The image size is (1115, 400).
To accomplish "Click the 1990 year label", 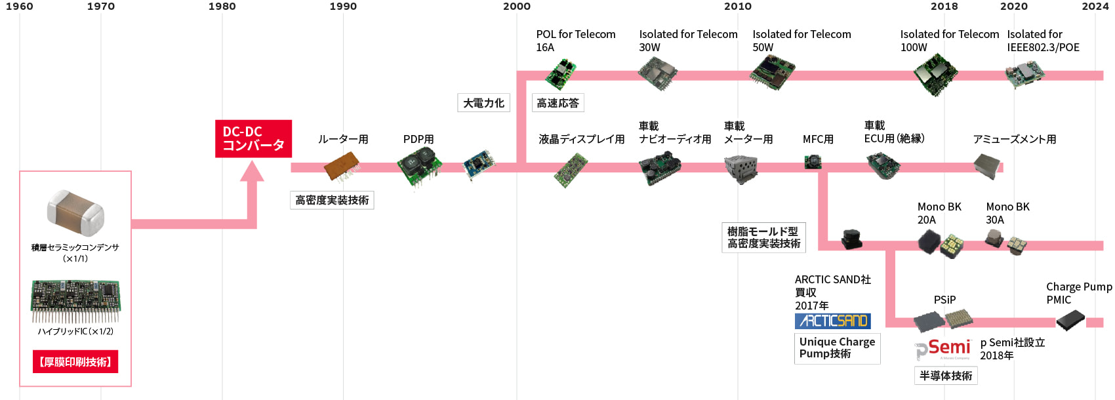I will click(343, 7).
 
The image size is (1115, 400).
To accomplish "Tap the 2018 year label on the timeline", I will click(944, 7).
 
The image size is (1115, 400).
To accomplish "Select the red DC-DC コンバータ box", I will click(253, 138).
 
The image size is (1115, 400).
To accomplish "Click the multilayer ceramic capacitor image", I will click(75, 212).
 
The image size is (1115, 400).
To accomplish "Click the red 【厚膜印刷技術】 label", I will click(75, 362).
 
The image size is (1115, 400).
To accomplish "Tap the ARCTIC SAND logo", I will click(833, 321).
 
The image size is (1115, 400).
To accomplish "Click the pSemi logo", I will click(943, 349).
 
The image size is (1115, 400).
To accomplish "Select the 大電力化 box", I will click(483, 103).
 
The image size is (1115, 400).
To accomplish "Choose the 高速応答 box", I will click(557, 103).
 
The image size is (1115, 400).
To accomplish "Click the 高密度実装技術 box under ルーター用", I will click(332, 200).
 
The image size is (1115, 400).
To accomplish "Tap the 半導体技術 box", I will click(946, 376).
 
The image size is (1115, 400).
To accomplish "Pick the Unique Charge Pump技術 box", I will click(837, 348).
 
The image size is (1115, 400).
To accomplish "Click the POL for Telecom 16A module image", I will click(561, 74).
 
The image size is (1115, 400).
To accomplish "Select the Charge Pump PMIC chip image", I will click(1070, 320).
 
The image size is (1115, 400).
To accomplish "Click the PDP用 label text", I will click(418, 139).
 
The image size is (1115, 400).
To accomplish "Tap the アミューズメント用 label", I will click(1014, 139).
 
